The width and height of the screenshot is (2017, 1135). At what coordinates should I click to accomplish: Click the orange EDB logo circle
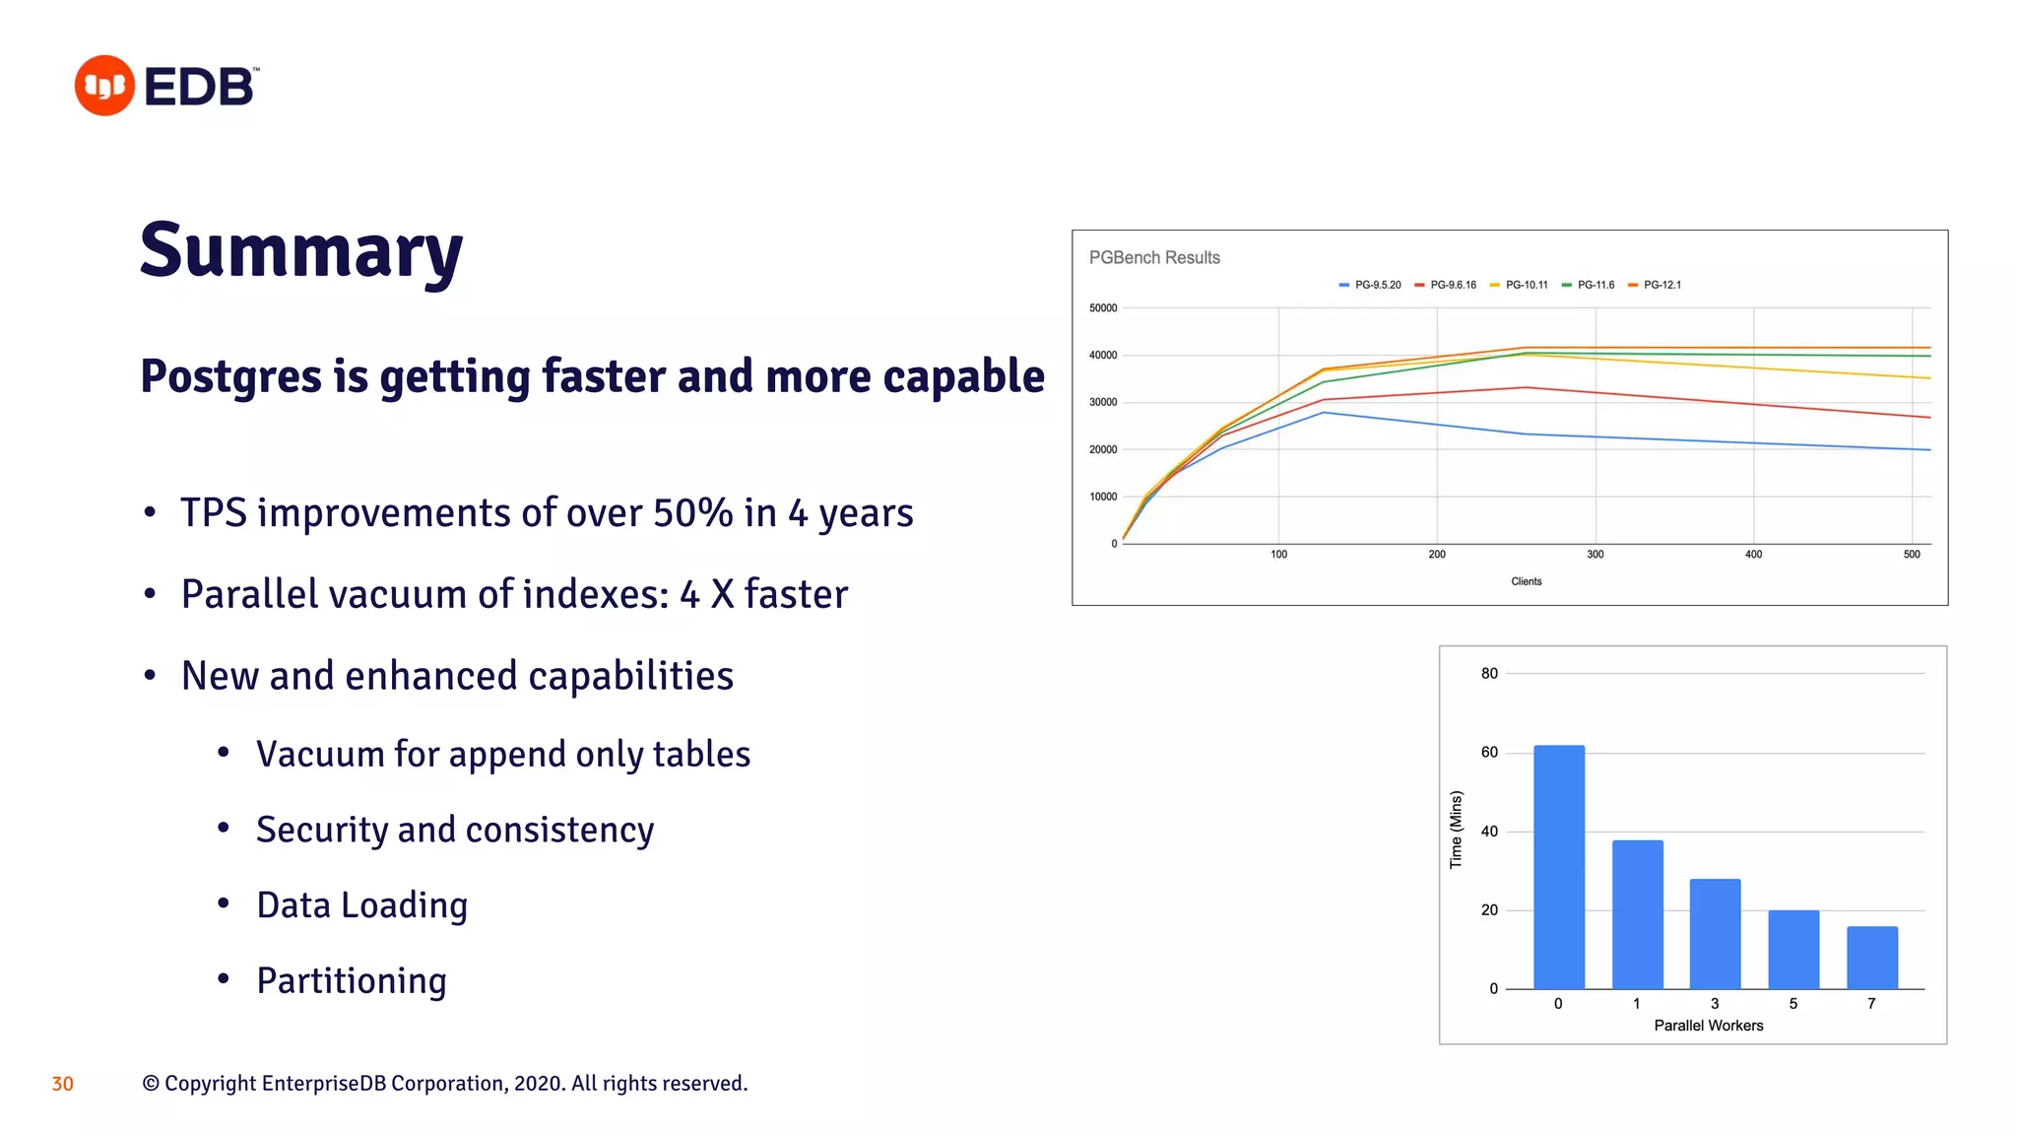tap(104, 86)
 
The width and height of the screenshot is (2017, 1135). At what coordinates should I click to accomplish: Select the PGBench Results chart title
tap(1154, 258)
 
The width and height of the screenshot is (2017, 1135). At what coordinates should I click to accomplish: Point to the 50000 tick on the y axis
tap(1103, 308)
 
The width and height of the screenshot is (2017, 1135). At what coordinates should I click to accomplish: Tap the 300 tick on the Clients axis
tap(1595, 555)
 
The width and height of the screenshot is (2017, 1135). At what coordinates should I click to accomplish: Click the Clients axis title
tap(1527, 581)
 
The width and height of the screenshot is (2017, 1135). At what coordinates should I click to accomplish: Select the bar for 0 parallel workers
tap(1559, 867)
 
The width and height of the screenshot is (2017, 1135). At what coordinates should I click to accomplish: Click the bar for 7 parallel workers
tap(1872, 958)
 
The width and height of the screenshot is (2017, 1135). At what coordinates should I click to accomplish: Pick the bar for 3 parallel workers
tap(1715, 934)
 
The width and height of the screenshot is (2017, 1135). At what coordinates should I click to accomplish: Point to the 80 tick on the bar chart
tap(1489, 674)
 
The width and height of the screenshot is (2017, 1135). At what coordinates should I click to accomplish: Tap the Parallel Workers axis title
tap(1709, 1026)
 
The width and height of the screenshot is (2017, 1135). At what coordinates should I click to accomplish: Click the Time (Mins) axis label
tap(1456, 830)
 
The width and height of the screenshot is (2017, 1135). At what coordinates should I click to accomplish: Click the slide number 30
tap(62, 1084)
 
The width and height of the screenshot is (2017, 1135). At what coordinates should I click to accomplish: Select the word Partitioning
tap(352, 981)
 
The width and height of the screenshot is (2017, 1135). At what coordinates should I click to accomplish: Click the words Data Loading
tap(361, 905)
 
